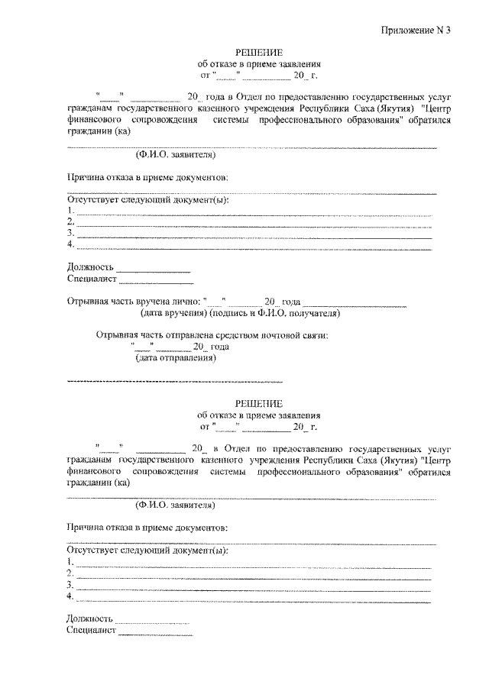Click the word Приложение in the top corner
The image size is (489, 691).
tap(409, 31)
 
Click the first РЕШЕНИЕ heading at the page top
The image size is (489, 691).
tap(259, 53)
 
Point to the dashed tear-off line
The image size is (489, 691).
tap(175, 380)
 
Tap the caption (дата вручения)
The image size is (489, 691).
tap(171, 314)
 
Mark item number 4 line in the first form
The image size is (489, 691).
tap(252, 247)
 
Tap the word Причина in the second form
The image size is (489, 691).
tap(87, 528)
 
